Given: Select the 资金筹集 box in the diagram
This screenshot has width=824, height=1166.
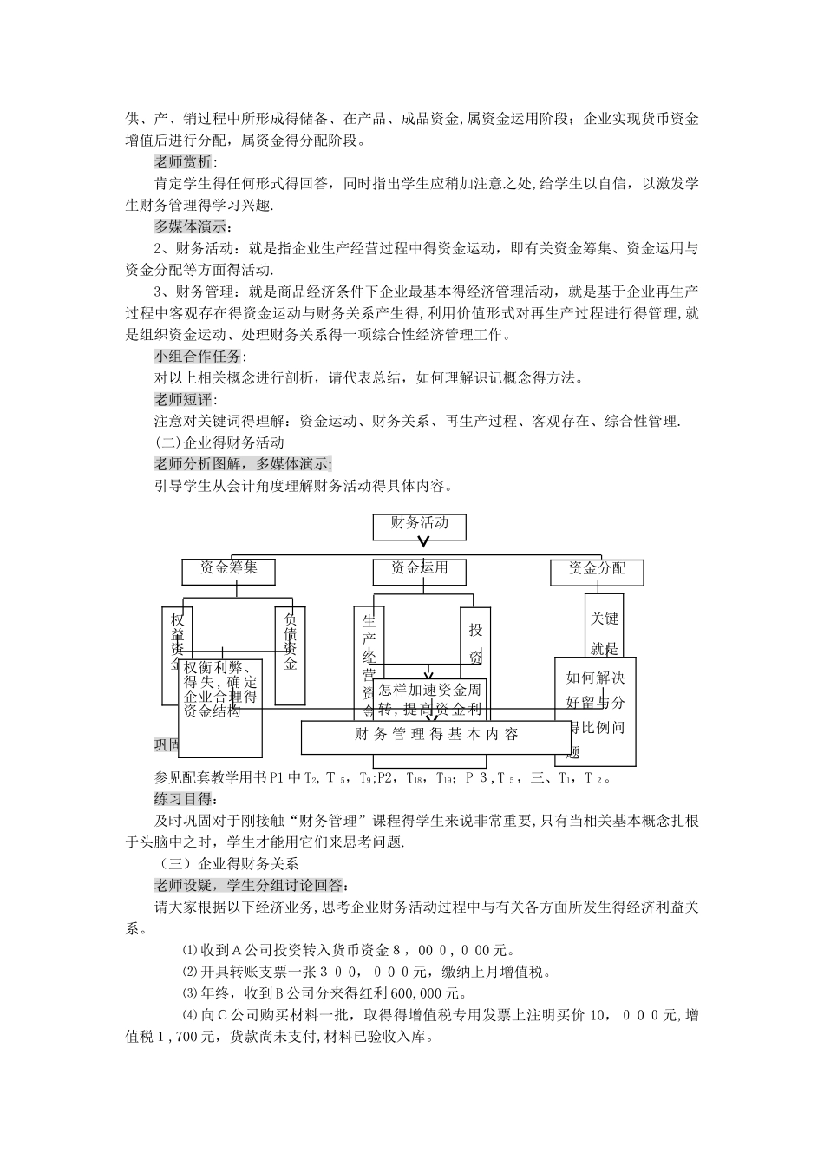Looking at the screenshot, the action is (228, 569).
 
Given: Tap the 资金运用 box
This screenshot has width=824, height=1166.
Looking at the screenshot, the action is (419, 569).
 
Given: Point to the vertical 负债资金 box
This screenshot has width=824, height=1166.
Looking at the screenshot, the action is (290, 655).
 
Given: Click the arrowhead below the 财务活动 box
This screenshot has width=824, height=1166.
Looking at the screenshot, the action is (422, 544).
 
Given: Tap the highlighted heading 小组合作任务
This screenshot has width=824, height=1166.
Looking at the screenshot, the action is (199, 357).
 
